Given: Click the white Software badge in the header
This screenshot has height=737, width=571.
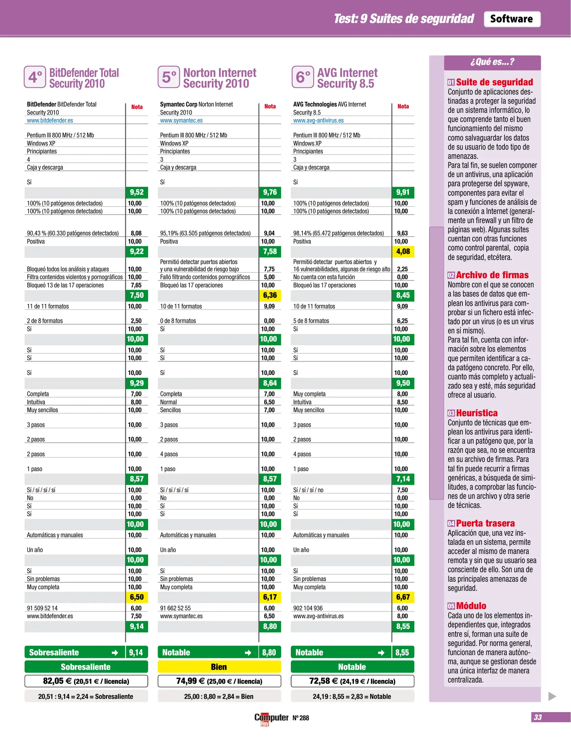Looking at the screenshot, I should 512,19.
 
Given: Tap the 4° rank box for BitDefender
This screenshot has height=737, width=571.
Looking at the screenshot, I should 35,77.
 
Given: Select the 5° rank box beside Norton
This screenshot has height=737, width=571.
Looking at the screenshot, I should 169,77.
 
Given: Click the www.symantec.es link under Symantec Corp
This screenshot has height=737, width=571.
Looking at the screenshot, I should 181,120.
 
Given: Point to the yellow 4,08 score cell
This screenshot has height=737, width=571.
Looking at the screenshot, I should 403,252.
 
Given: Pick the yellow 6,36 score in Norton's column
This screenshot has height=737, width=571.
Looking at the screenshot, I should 270,295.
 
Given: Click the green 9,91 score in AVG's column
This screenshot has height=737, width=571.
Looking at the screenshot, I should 403,192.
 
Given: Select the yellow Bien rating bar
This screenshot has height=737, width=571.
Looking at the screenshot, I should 219,667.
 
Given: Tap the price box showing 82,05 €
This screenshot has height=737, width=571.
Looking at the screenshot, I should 86,681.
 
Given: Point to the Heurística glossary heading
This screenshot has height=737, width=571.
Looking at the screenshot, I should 476,413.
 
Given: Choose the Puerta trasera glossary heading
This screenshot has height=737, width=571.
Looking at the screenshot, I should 485,523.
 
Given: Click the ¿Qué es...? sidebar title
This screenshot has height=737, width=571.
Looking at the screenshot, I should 492,62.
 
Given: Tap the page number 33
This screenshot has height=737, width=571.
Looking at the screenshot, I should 538,717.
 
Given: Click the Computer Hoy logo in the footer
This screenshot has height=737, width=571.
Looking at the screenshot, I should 271,718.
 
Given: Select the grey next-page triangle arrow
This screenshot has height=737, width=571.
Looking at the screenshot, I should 552,696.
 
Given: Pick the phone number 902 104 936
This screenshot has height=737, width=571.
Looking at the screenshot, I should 308,608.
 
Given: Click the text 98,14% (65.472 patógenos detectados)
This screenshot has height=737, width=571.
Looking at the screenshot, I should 338,233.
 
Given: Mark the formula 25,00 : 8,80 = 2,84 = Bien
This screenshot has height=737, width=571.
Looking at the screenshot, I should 219,696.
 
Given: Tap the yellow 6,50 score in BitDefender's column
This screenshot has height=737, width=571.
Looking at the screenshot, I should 137,597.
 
